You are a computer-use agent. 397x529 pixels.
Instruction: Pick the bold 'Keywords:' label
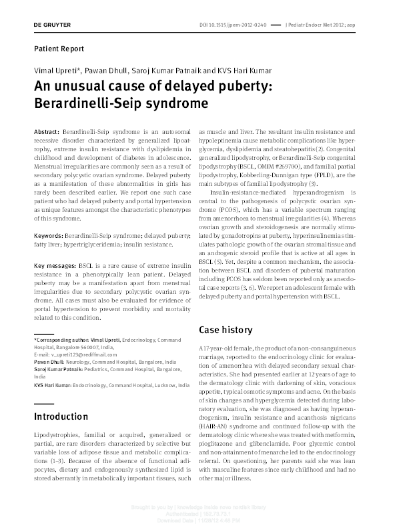click(x=48, y=236)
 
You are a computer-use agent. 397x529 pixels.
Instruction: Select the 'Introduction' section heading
click(x=61, y=416)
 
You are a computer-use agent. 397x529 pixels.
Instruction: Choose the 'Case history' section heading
click(x=226, y=330)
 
